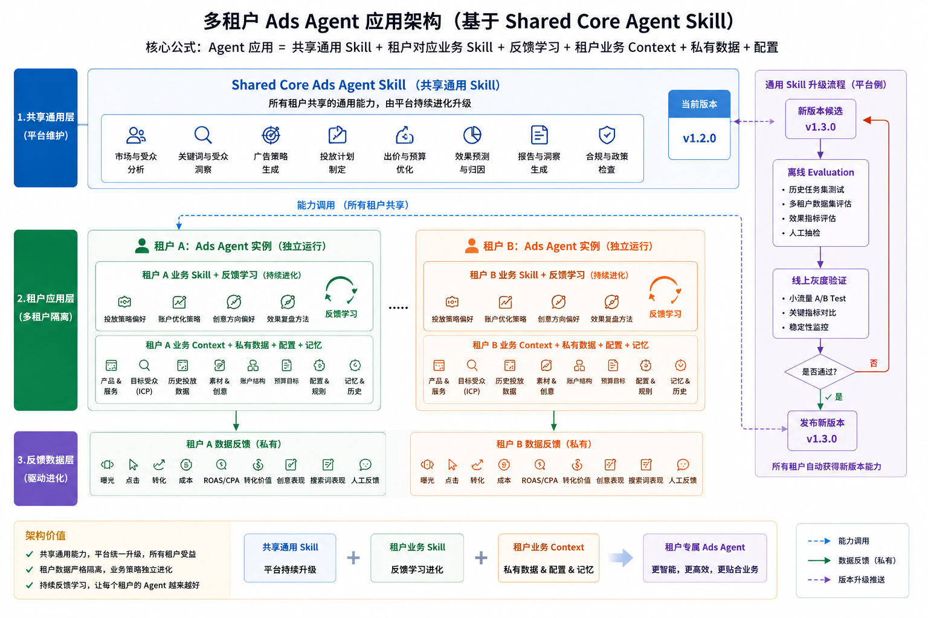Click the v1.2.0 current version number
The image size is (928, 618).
pos(699,138)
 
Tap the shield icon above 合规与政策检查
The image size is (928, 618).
pos(607,135)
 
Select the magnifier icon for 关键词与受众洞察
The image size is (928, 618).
pos(203,135)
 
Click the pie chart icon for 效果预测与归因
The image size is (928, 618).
pos(472,135)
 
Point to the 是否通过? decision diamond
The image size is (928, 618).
pos(820,371)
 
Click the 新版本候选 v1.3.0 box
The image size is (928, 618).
pos(820,119)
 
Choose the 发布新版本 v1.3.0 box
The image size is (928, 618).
pos(822,430)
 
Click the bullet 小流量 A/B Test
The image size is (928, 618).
pos(817,299)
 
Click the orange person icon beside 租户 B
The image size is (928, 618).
pos(471,246)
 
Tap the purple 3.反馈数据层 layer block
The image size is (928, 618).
pos(45,468)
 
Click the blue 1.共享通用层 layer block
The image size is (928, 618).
pos(45,128)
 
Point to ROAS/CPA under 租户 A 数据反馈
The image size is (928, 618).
pos(221,480)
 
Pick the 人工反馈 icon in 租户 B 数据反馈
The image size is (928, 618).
pos(683,465)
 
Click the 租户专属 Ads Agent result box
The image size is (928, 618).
pos(704,558)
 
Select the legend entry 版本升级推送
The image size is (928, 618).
pos(862,579)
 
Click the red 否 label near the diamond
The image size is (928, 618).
pos(873,363)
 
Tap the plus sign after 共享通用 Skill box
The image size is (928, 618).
pos(353,558)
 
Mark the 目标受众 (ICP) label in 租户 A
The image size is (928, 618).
pos(144,386)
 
